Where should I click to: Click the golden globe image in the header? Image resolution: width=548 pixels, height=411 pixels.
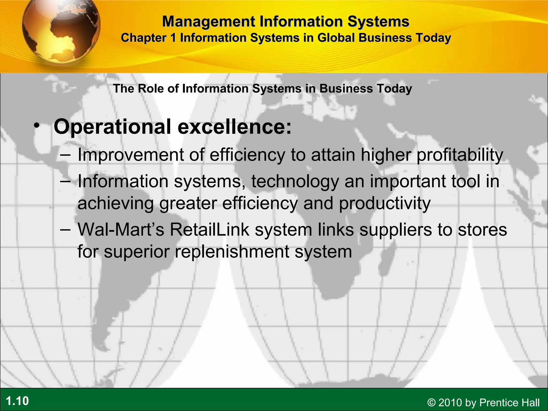(x=61, y=31)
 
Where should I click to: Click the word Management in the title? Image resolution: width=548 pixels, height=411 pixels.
(x=209, y=21)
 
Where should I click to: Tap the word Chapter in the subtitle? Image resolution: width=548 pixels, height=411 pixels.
(x=144, y=38)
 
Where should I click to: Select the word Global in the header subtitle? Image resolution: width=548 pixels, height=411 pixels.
(x=336, y=38)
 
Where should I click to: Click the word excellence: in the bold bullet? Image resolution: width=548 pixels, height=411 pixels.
(x=235, y=127)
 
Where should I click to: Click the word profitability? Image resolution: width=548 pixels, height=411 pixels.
(x=460, y=155)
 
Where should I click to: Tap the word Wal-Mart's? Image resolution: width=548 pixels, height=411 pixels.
(x=121, y=230)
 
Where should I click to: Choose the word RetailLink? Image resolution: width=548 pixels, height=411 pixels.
(x=210, y=230)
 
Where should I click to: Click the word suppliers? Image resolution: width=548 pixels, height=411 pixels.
(x=395, y=230)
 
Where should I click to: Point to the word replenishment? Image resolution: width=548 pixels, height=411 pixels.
(x=232, y=252)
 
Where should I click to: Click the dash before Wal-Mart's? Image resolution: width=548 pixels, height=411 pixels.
(x=65, y=230)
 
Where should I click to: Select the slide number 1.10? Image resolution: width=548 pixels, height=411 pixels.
(x=17, y=401)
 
